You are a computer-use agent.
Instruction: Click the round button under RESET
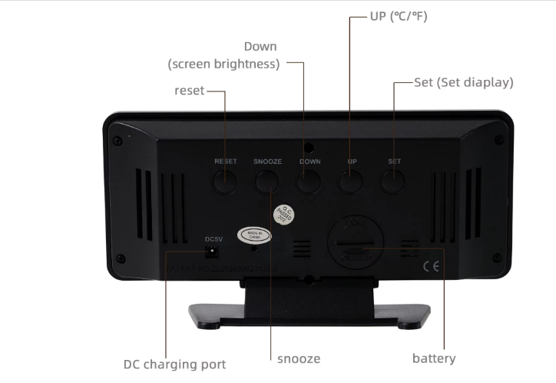click(x=225, y=182)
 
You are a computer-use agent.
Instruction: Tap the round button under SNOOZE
click(x=267, y=182)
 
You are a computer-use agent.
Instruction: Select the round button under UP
click(x=351, y=182)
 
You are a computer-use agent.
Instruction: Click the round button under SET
click(x=393, y=182)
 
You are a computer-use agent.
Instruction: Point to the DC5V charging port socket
click(x=213, y=251)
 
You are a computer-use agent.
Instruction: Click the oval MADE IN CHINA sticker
click(x=254, y=235)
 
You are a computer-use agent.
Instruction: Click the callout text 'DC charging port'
click(x=175, y=363)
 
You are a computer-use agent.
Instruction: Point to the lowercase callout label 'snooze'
click(x=299, y=358)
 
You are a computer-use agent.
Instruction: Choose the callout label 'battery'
click(x=434, y=358)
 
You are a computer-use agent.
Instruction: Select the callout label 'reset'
click(x=190, y=91)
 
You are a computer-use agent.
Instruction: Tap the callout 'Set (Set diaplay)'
click(x=463, y=82)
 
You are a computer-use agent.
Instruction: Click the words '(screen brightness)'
click(x=223, y=65)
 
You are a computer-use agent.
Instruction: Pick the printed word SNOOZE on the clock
click(x=267, y=162)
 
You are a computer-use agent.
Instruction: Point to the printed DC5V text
click(x=213, y=238)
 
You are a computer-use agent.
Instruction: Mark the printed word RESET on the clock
click(x=226, y=162)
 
